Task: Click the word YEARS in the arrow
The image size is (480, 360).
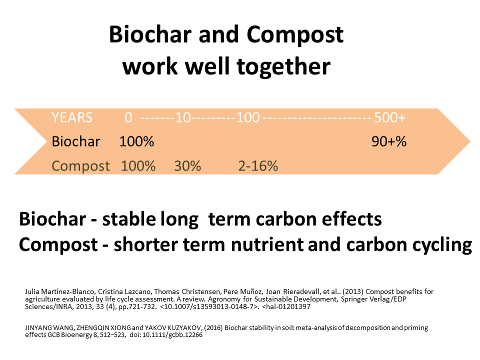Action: click(x=72, y=117)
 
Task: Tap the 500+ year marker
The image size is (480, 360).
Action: click(x=389, y=117)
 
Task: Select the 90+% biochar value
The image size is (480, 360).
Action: click(x=389, y=141)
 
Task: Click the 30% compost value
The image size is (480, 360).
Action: click(x=187, y=166)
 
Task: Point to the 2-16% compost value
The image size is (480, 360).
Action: click(x=258, y=166)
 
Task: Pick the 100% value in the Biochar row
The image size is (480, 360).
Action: click(x=136, y=141)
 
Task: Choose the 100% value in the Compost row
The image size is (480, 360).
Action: click(x=138, y=166)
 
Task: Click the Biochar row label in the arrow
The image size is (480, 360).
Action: click(x=76, y=141)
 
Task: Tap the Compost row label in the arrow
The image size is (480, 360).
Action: click(x=80, y=166)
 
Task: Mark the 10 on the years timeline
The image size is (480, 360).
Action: click(x=183, y=117)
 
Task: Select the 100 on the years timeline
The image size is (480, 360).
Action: click(x=248, y=117)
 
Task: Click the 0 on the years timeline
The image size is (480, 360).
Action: click(x=128, y=117)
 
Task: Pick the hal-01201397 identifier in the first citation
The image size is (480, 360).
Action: click(x=287, y=306)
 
